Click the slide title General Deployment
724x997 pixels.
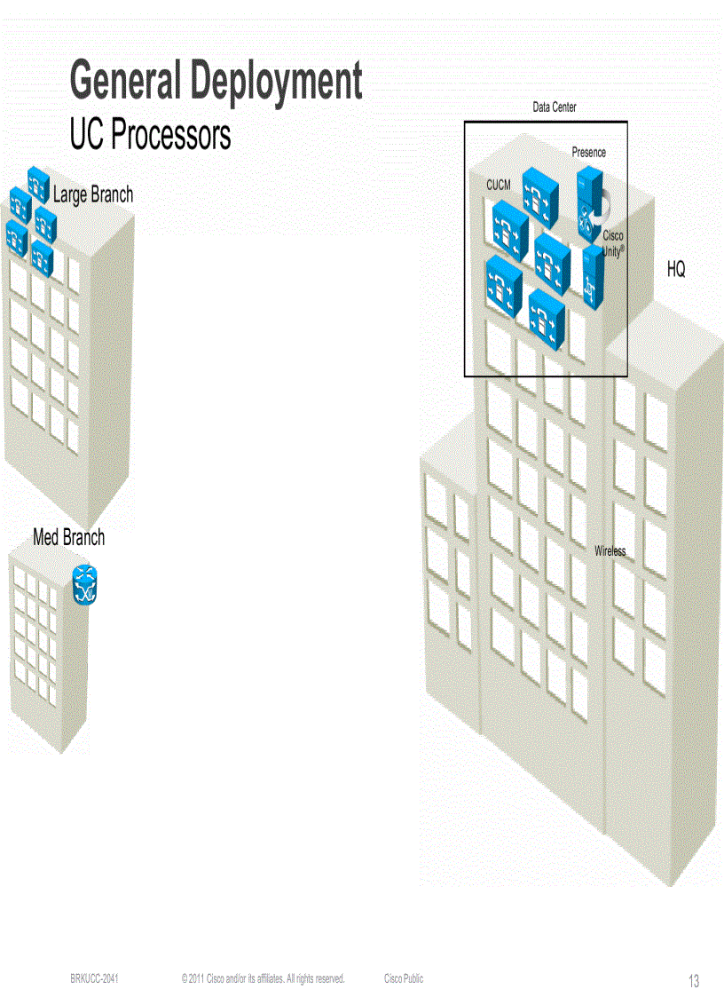tap(216, 81)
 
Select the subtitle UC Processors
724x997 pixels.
tap(150, 135)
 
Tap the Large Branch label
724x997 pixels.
tap(93, 194)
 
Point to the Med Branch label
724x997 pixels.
tap(68, 537)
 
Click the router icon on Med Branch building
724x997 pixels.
tap(85, 586)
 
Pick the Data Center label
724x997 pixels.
tap(555, 107)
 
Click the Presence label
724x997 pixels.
tap(589, 153)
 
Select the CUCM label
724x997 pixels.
tap(499, 185)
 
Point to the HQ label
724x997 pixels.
tap(676, 270)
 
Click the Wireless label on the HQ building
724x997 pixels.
tap(610, 551)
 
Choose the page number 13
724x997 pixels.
tap(694, 981)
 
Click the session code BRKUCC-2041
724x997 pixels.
tap(95, 979)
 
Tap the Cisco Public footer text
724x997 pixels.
tap(404, 979)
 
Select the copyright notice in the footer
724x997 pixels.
tap(263, 979)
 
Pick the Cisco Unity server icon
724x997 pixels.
tap(593, 277)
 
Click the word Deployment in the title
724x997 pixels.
tap(278, 81)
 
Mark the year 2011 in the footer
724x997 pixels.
tap(195, 979)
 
